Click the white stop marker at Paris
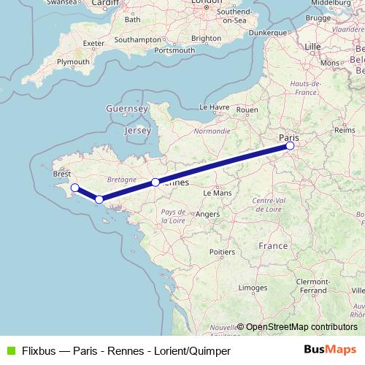tap(290, 146)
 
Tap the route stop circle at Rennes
tap(155, 182)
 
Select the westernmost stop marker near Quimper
tap(74, 188)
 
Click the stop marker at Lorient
tap(99, 199)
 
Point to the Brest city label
tap(62, 174)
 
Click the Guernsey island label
tap(127, 109)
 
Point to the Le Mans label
tap(217, 193)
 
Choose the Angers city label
tap(207, 214)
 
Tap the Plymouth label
tap(73, 63)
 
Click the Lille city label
tap(312, 46)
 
